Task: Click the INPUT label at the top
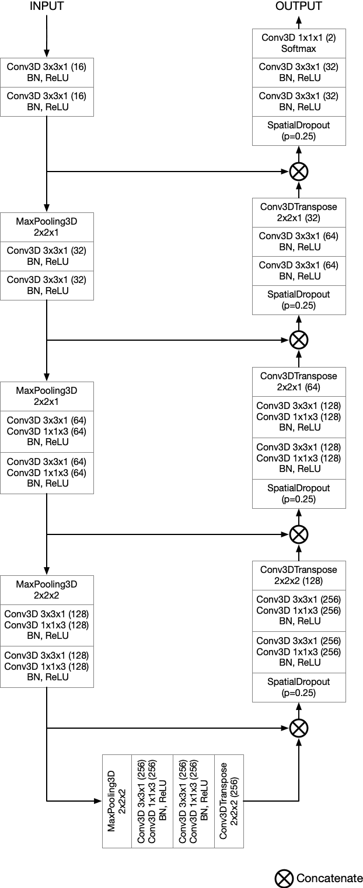pos(46,7)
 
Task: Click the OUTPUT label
pos(299,7)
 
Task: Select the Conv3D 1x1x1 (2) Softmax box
pos(299,43)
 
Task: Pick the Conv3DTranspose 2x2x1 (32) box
pos(299,212)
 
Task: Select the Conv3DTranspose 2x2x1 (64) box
pos(299,381)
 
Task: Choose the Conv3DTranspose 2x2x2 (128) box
pos(299,575)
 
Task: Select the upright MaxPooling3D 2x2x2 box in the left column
pos(46,589)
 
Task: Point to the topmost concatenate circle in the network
pos(299,172)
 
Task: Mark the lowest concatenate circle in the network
pos(299,728)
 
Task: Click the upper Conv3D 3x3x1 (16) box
pos(46,72)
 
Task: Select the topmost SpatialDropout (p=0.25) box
pos(299,131)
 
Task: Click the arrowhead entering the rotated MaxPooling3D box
pos(98,800)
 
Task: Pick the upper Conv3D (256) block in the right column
pos(299,610)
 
